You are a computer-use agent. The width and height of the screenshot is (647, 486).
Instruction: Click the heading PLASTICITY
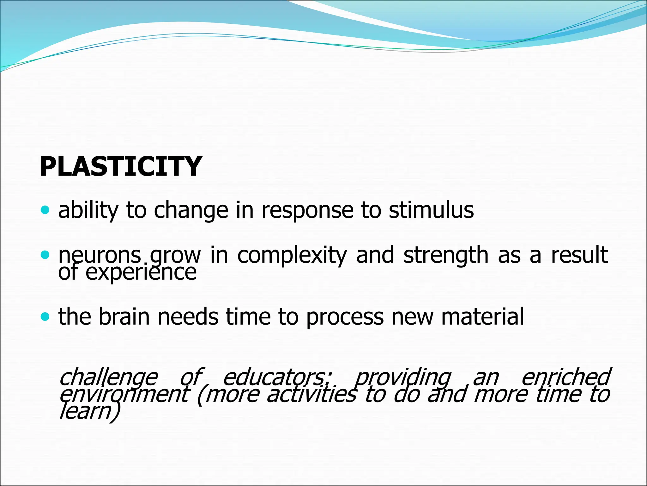click(120, 167)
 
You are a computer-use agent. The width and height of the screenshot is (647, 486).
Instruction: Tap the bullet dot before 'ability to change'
click(45, 210)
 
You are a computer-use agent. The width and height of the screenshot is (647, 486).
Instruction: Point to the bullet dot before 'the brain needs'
click(45, 316)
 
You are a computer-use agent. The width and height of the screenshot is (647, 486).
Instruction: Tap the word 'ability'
click(88, 210)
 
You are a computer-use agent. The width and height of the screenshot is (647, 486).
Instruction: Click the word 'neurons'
click(100, 255)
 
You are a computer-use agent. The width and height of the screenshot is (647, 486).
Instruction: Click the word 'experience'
click(141, 273)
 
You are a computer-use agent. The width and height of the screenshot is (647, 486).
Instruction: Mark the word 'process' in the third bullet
click(345, 317)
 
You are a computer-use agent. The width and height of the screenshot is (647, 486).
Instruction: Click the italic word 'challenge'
click(108, 377)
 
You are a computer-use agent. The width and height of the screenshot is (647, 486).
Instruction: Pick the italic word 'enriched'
click(565, 377)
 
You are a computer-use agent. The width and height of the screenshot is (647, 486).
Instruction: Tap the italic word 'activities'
click(311, 395)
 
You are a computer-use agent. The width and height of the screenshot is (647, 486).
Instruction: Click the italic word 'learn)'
click(90, 412)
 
